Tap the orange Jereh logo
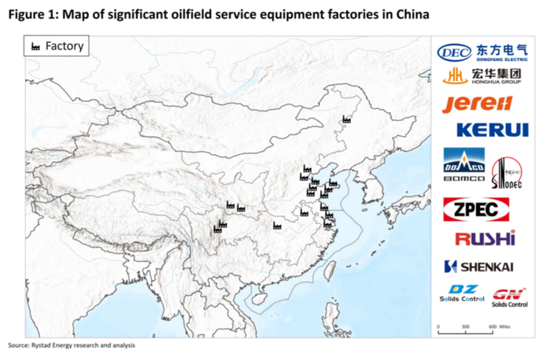coord(477,104)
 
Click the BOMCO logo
coord(464,165)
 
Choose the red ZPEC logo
coord(476,209)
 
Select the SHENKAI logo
coord(478,266)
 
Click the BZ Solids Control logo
coord(462,293)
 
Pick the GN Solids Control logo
coord(509,296)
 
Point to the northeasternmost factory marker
coord(347,119)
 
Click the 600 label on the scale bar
coord(492,326)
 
